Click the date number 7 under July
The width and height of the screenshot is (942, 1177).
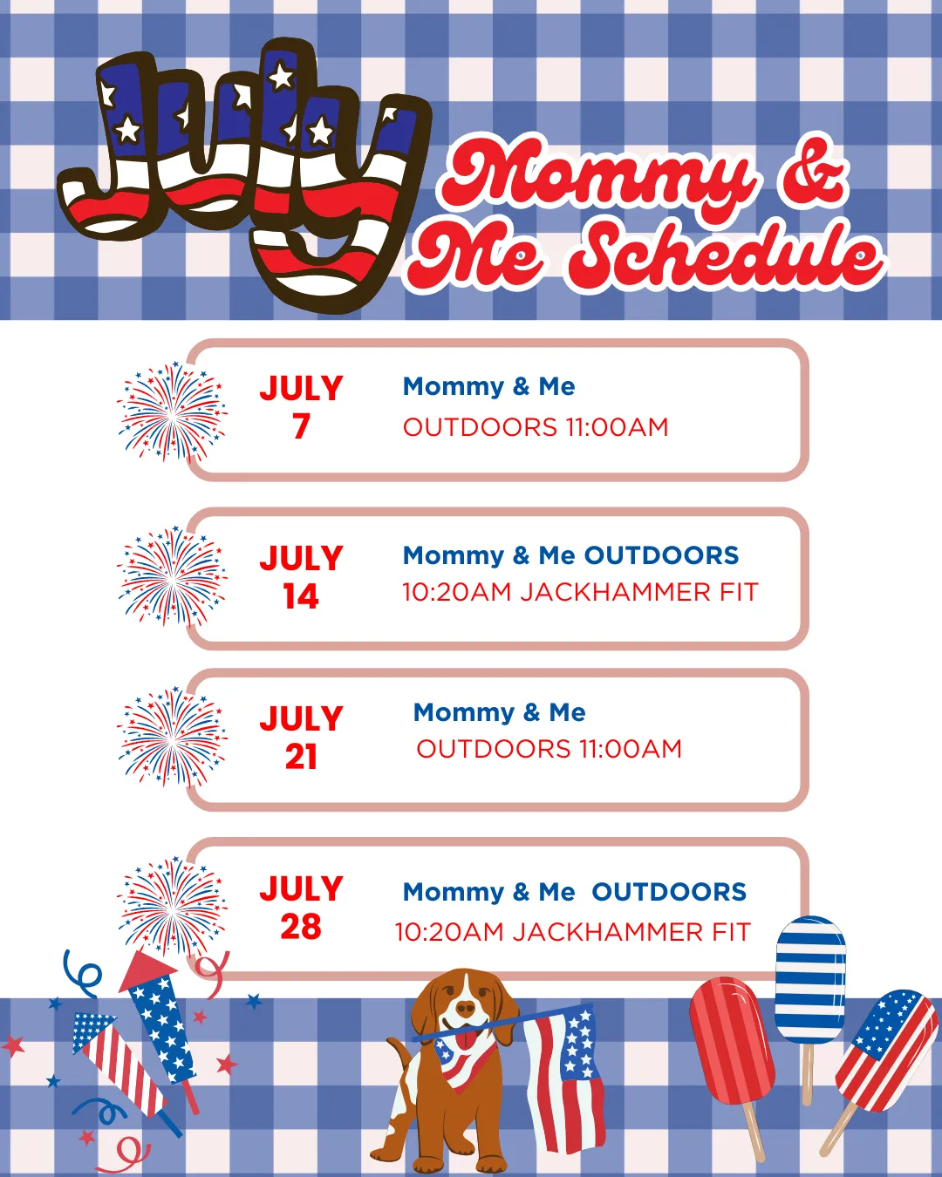(x=301, y=426)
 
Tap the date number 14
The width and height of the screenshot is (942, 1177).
(x=301, y=595)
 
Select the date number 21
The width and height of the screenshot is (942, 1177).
(x=301, y=757)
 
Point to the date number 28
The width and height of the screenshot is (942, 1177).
(x=301, y=927)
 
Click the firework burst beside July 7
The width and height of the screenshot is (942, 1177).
(x=172, y=412)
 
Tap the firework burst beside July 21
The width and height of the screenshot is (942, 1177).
(x=172, y=737)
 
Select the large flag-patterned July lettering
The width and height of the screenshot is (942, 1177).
(x=243, y=175)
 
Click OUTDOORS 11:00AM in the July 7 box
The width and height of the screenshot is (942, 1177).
(x=536, y=427)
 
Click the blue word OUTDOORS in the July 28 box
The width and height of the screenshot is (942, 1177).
(x=669, y=892)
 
